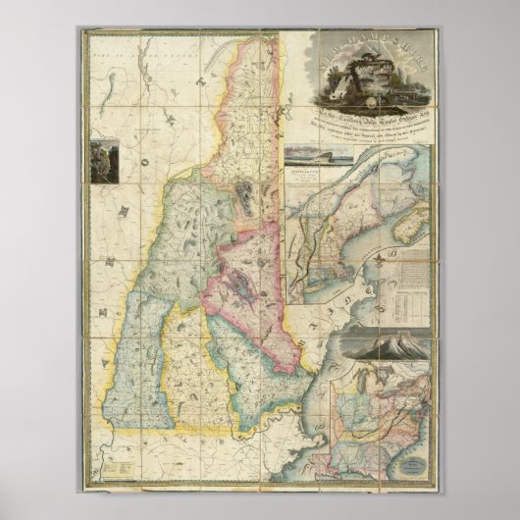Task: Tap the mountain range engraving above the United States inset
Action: (383, 346)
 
